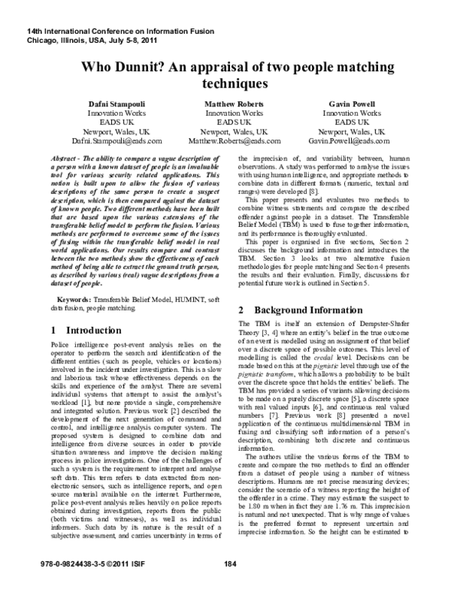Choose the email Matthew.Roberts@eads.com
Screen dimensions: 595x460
point(231,142)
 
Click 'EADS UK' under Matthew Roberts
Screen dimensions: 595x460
point(231,122)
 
